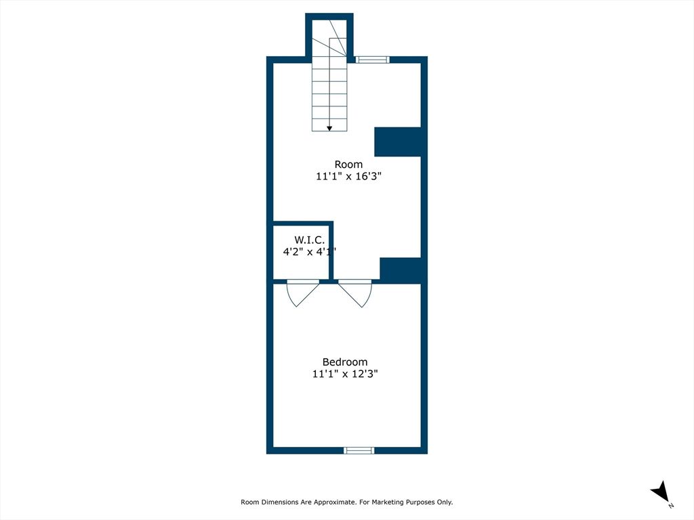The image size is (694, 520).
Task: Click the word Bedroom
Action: point(345,362)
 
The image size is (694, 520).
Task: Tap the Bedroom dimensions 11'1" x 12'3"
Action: point(345,374)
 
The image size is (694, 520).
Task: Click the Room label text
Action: point(348,165)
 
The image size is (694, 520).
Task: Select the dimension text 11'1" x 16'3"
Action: point(348,176)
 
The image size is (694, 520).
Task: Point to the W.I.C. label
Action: point(309,240)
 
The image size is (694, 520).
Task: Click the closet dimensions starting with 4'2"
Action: point(308,251)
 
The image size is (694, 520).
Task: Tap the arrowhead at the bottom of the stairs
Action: point(329,127)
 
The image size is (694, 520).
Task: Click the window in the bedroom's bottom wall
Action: point(359,450)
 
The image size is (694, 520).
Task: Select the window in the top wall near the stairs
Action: point(373,60)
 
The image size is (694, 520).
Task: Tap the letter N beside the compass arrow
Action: point(670,505)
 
